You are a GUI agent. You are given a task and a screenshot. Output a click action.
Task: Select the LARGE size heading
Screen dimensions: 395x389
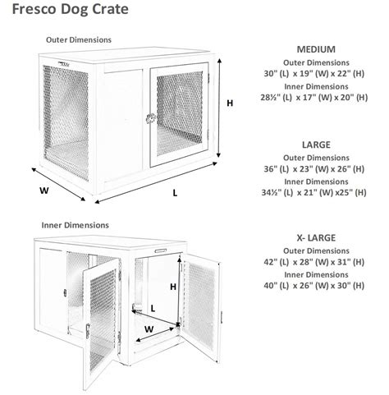click(316, 145)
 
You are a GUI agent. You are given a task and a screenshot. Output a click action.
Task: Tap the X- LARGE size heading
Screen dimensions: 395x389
click(316, 239)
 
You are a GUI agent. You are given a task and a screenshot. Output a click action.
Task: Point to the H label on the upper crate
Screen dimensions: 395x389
click(230, 103)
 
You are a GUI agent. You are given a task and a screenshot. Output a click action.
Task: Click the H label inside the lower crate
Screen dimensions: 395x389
click(173, 287)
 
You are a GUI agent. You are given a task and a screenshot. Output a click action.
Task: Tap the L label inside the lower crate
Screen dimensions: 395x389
click(153, 309)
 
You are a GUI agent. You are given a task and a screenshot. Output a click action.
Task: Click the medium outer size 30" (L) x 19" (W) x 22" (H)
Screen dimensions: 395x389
click(316, 75)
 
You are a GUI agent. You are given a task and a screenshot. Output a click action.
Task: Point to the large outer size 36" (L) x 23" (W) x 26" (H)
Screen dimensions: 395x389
click(316, 170)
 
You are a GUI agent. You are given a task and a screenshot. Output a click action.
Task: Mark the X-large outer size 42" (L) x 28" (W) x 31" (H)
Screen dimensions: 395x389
click(316, 264)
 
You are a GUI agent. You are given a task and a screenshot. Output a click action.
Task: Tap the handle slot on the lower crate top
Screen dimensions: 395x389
click(160, 245)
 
